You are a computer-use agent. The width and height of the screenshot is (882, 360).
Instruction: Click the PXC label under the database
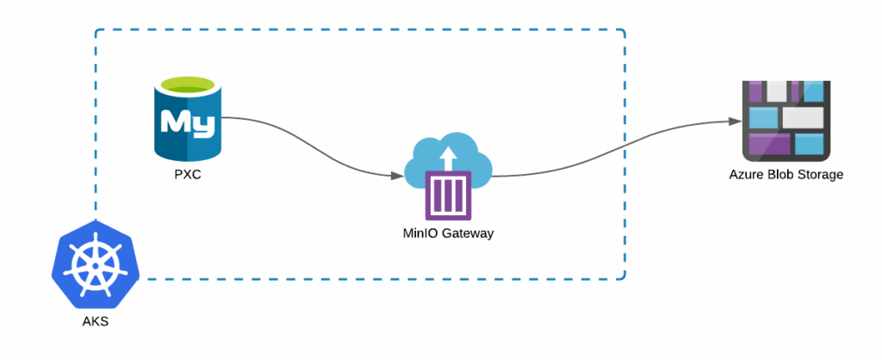pyautogui.click(x=187, y=176)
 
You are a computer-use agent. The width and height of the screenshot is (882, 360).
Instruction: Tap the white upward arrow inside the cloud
pyautogui.click(x=446, y=158)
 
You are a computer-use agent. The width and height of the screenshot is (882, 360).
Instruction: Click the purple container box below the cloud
pyautogui.click(x=448, y=195)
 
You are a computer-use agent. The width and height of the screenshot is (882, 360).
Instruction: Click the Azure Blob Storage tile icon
pyautogui.click(x=786, y=120)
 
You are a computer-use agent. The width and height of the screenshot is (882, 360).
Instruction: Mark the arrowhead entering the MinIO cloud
pyautogui.click(x=397, y=176)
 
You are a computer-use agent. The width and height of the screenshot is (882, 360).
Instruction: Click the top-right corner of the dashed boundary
pyautogui.click(x=624, y=31)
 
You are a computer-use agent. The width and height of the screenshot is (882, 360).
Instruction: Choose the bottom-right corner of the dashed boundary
pyautogui.click(x=624, y=278)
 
